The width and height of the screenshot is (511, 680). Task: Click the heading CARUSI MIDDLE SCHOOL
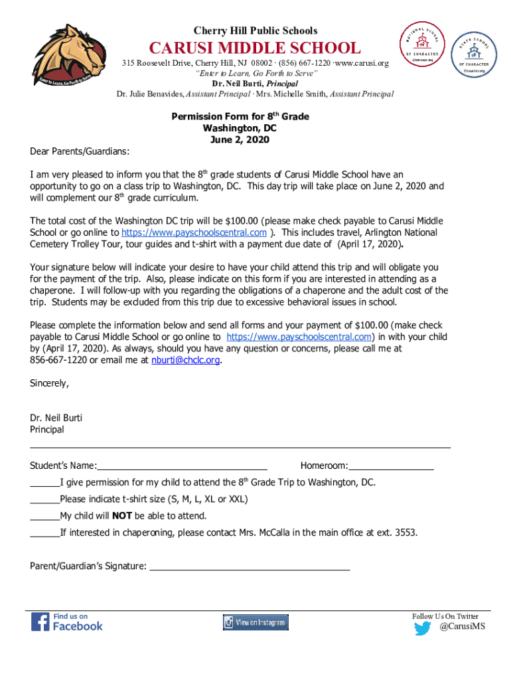[x=255, y=48]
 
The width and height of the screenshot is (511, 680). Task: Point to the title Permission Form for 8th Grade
[x=240, y=116]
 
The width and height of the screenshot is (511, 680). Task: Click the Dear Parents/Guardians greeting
[x=80, y=151]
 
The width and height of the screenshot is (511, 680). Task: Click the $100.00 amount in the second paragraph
[x=243, y=220]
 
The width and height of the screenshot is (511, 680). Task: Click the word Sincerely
[x=50, y=383]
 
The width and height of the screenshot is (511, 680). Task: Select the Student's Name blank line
[x=182, y=466]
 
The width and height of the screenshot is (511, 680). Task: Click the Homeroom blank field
[x=391, y=466]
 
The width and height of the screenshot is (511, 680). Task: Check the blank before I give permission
[x=44, y=483]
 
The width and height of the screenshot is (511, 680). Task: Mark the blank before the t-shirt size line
[x=44, y=499]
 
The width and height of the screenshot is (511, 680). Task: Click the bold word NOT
[x=122, y=516]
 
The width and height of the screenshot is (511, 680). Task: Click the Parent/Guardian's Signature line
[x=250, y=566]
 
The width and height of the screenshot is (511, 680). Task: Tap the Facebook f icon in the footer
[x=40, y=622]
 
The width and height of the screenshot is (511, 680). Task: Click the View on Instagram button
[x=256, y=622]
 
